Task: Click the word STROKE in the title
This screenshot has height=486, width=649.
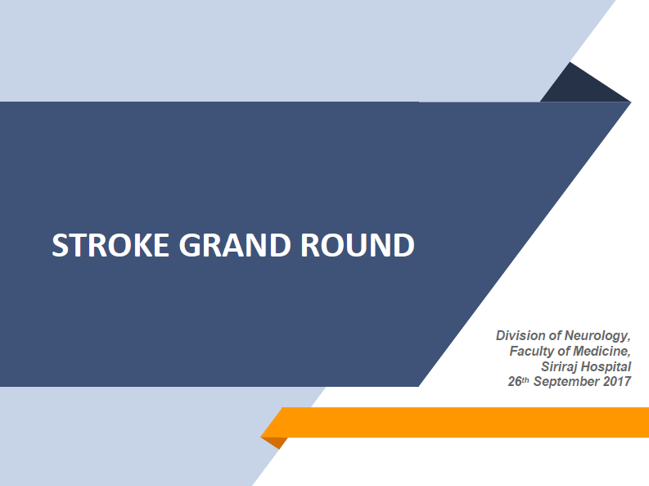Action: (110, 245)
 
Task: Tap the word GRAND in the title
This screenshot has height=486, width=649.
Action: (235, 245)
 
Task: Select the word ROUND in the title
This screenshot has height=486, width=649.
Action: (357, 245)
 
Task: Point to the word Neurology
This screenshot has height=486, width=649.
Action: (597, 336)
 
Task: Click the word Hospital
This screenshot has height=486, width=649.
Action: (606, 367)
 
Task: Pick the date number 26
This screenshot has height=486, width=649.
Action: (515, 381)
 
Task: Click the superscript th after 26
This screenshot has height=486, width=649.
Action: (525, 379)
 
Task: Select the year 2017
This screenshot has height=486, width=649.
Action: (617, 381)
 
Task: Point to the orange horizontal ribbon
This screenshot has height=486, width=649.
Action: (455, 422)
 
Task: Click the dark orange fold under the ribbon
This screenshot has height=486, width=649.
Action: (275, 442)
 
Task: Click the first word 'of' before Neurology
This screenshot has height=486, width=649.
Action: (555, 335)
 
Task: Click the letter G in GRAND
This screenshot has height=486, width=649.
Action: (189, 245)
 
